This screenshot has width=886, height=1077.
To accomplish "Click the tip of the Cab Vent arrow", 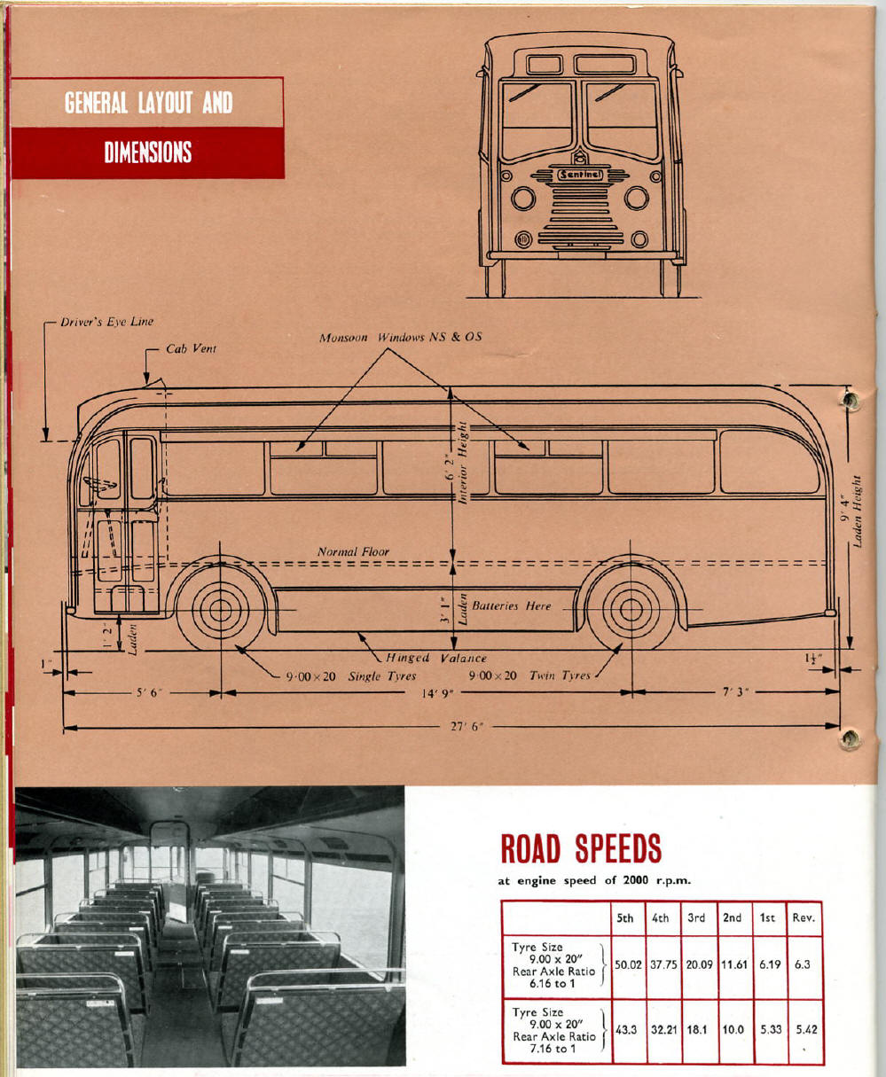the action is [147, 384].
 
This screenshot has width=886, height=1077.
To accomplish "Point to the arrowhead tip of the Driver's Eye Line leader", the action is [45, 441].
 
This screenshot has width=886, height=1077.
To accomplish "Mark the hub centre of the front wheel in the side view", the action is [220, 610].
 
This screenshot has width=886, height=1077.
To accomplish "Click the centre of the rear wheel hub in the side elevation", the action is [631, 609].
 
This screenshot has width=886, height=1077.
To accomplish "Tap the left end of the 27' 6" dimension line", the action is [63, 727].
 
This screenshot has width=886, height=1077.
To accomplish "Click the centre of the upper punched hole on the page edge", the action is [849, 400].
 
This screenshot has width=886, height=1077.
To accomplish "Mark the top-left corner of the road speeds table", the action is [502, 901].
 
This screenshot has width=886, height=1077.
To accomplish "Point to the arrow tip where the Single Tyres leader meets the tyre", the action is [234, 644].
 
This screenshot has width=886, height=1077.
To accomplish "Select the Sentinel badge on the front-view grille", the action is [580, 175].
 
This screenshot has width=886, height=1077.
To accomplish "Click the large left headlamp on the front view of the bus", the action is [523, 199].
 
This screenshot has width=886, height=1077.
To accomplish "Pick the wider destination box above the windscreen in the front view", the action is [606, 65].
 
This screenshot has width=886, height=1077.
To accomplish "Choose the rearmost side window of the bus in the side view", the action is [770, 462].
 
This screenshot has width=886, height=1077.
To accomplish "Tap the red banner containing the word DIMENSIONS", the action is [147, 152].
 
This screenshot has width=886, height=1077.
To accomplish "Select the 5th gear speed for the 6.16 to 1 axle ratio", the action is [628, 964].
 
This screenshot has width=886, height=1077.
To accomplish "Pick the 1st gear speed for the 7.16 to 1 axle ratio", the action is [771, 1029].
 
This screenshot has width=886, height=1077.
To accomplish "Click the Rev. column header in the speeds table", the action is [804, 917].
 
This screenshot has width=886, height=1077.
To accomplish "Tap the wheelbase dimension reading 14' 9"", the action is [437, 694].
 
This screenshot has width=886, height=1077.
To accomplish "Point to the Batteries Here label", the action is [512, 605].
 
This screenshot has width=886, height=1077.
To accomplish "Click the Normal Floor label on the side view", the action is [353, 551].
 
